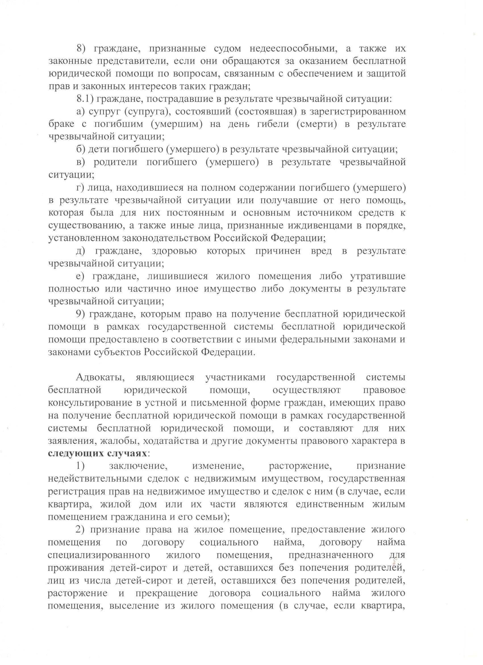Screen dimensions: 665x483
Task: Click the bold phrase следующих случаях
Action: pos(97,454)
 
